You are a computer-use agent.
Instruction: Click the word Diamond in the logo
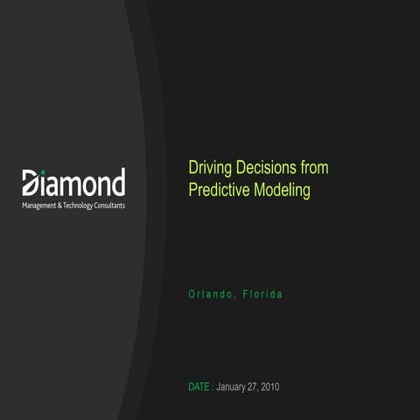tap(73, 183)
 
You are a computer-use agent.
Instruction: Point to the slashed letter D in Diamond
tap(31, 183)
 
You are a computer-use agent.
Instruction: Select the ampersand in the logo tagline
tap(67, 205)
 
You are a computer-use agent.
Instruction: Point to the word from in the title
tap(314, 167)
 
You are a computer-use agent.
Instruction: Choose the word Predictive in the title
tap(220, 189)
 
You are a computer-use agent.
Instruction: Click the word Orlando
tap(211, 293)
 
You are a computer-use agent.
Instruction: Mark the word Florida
tap(262, 293)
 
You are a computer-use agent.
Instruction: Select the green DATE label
tap(199, 387)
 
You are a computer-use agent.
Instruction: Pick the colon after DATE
tap(213, 387)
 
